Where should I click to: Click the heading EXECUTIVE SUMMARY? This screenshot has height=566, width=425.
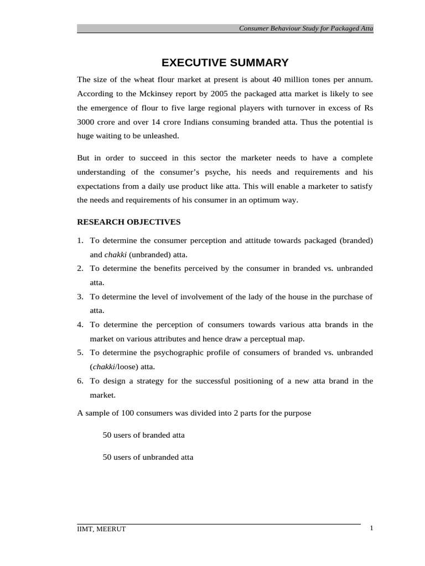pyautogui.click(x=225, y=62)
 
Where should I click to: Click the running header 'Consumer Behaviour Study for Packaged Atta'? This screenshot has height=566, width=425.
pyautogui.click(x=306, y=28)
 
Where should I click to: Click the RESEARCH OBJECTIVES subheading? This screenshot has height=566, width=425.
pyautogui.click(x=129, y=222)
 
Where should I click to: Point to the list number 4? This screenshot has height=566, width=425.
pyautogui.click(x=80, y=324)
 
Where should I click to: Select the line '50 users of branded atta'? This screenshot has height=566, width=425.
pyautogui.click(x=144, y=435)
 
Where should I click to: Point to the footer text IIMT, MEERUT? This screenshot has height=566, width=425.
pyautogui.click(x=101, y=529)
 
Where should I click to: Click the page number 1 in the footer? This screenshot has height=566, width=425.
pyautogui.click(x=371, y=528)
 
